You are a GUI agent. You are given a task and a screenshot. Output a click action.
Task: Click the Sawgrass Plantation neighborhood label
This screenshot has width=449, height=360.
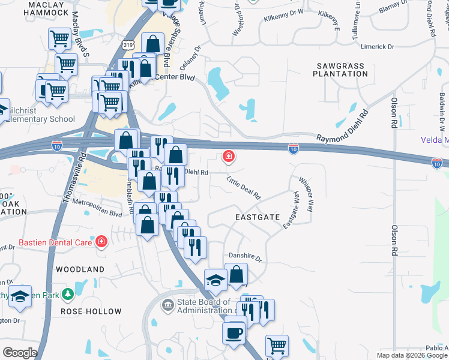(340, 68)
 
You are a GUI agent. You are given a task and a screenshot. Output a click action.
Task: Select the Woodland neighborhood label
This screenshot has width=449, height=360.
(80, 269)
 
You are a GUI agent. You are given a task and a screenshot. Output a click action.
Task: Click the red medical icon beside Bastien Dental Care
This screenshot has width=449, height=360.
(101, 242)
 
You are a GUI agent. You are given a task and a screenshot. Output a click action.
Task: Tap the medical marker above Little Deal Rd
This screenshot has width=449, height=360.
(228, 157)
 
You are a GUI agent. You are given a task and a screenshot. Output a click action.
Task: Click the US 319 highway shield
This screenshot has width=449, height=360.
(127, 44)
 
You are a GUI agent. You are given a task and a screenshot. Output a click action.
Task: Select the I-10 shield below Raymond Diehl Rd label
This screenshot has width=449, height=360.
(293, 148)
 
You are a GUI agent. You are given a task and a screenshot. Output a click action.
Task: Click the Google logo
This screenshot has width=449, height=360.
(20, 352)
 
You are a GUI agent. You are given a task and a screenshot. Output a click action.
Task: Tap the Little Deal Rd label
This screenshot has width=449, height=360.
(244, 188)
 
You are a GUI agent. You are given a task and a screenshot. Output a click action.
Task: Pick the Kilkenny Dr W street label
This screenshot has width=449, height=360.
(284, 19)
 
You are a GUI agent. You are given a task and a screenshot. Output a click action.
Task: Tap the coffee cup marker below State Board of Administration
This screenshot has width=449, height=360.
(234, 332)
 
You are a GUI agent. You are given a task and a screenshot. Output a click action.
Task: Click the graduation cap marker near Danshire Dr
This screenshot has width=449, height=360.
(216, 280)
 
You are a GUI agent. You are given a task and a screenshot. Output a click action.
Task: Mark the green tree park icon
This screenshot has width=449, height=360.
(68, 293)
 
